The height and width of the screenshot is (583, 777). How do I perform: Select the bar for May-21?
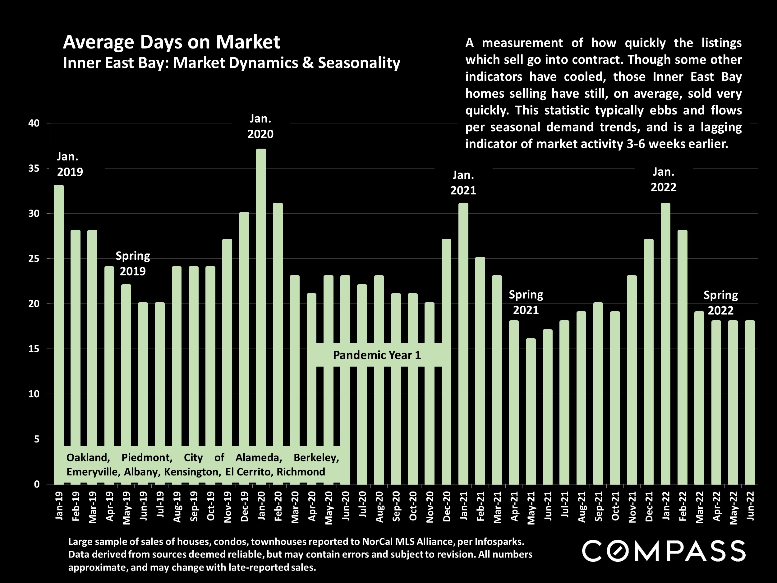tap(531, 411)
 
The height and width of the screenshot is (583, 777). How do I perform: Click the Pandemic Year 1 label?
tap(377, 355)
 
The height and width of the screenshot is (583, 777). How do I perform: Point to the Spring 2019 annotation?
tap(133, 264)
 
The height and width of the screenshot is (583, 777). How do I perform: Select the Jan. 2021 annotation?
tap(463, 183)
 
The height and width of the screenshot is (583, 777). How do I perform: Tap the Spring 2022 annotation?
tap(720, 303)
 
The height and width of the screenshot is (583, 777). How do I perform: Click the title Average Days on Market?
tap(172, 42)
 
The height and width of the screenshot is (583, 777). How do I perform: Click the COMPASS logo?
tap(664, 551)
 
